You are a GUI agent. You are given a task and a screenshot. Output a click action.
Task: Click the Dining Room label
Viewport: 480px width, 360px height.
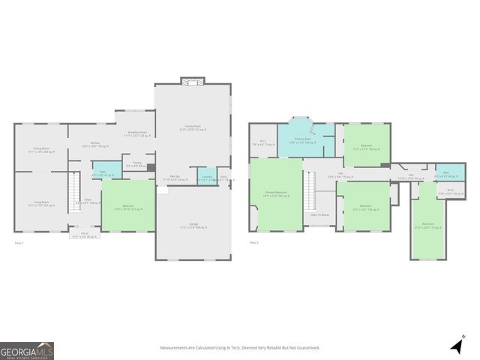click(x=41, y=150)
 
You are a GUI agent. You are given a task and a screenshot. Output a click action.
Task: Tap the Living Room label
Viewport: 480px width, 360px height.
click(x=41, y=203)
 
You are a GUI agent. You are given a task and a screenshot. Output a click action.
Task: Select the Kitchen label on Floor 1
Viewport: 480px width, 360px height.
click(x=95, y=145)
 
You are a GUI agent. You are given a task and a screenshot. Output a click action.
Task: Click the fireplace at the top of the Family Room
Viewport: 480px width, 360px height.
click(x=193, y=81)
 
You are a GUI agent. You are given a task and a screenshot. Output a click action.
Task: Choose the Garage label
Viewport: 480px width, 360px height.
click(x=193, y=226)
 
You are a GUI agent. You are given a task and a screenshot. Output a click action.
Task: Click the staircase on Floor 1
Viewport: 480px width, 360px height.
click(x=73, y=190)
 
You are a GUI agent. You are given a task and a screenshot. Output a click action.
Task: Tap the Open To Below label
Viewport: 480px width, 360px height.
click(x=320, y=215)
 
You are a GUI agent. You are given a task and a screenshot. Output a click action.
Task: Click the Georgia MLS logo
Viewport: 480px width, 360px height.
click(x=27, y=350)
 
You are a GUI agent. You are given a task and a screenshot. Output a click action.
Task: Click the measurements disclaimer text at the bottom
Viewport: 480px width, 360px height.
click(x=239, y=347)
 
